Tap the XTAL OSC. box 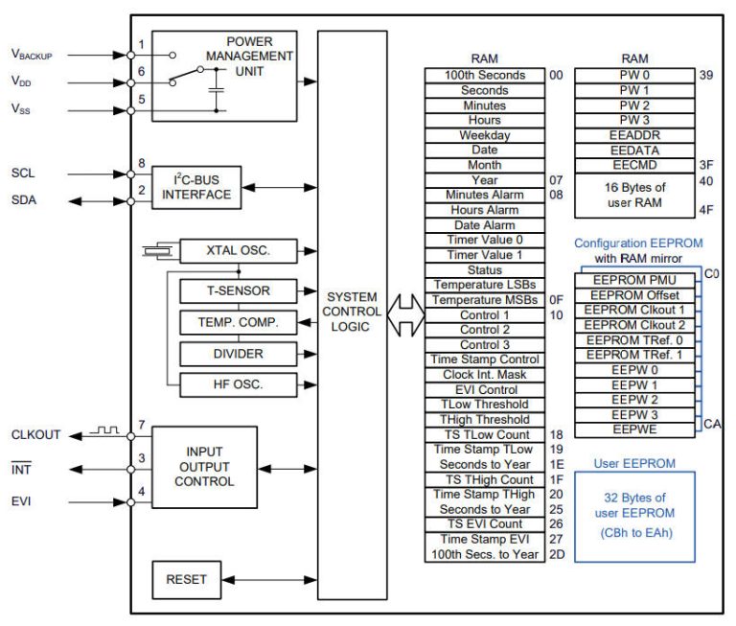click(x=238, y=251)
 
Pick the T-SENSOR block click(x=238, y=290)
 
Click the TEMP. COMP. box click(x=238, y=322)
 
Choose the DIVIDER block click(x=238, y=354)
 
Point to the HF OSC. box click(x=238, y=384)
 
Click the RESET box click(x=186, y=580)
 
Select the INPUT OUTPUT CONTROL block click(x=204, y=467)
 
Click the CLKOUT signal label click(x=35, y=434)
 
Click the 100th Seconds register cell click(x=485, y=75)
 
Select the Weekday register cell click(x=485, y=135)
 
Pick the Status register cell click(x=485, y=270)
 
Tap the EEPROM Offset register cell click(x=636, y=294)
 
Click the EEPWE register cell click(x=636, y=429)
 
